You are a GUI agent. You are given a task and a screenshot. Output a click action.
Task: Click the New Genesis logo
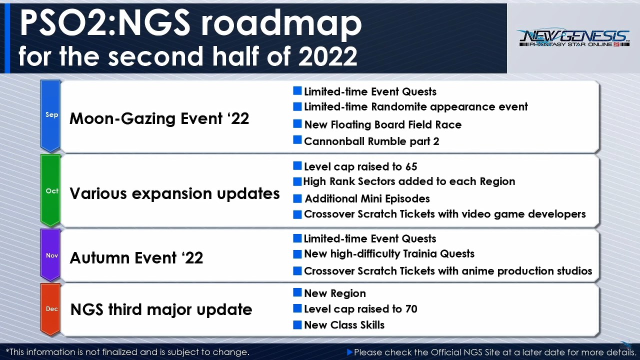pos(574,37)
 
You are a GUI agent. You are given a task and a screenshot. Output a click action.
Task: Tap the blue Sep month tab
pos(50,115)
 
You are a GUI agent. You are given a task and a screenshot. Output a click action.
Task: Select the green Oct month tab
pos(50,190)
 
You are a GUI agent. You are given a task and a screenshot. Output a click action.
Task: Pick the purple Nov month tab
pos(50,255)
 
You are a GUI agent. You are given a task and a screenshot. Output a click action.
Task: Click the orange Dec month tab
pos(50,309)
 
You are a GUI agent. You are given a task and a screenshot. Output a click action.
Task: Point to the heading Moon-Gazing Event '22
pos(159,118)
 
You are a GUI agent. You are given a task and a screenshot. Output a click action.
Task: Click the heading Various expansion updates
pos(174,193)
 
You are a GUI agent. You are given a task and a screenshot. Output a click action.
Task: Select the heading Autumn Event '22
pos(136,257)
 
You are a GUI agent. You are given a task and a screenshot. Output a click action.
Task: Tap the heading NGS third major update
pos(161,309)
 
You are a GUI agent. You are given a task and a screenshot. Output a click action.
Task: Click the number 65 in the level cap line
pos(411,167)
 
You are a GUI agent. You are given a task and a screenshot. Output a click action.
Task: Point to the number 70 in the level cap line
pos(411,309)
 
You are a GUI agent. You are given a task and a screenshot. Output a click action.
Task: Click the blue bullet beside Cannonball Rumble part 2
pos(297,140)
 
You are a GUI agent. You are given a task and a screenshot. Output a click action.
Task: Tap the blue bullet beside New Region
pos(297,292)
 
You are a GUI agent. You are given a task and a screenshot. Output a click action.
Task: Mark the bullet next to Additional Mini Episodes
pos(297,198)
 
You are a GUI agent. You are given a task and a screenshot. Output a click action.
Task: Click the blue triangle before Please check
pos(349,352)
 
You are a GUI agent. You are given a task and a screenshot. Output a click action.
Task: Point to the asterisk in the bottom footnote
pos(7,350)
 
